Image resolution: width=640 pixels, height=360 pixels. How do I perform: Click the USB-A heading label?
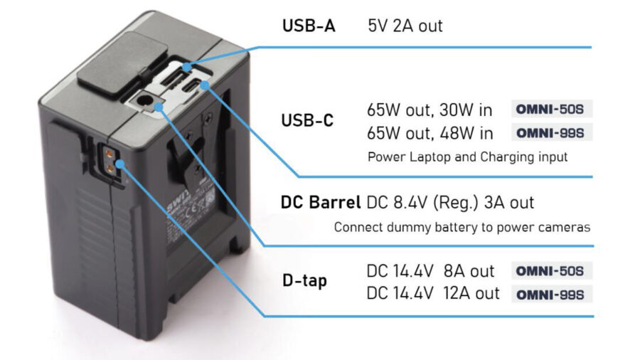[309, 26]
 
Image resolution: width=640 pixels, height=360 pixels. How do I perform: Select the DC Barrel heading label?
[320, 203]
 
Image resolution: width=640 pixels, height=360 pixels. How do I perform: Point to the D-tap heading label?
[304, 281]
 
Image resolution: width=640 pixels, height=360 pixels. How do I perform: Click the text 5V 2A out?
[405, 26]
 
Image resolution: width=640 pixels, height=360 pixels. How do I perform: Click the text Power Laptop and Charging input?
[467, 157]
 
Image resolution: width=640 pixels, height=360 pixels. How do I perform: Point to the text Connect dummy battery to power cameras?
[462, 228]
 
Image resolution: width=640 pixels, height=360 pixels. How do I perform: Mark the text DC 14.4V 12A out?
[433, 293]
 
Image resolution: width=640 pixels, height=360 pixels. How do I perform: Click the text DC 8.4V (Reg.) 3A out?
[449, 203]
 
